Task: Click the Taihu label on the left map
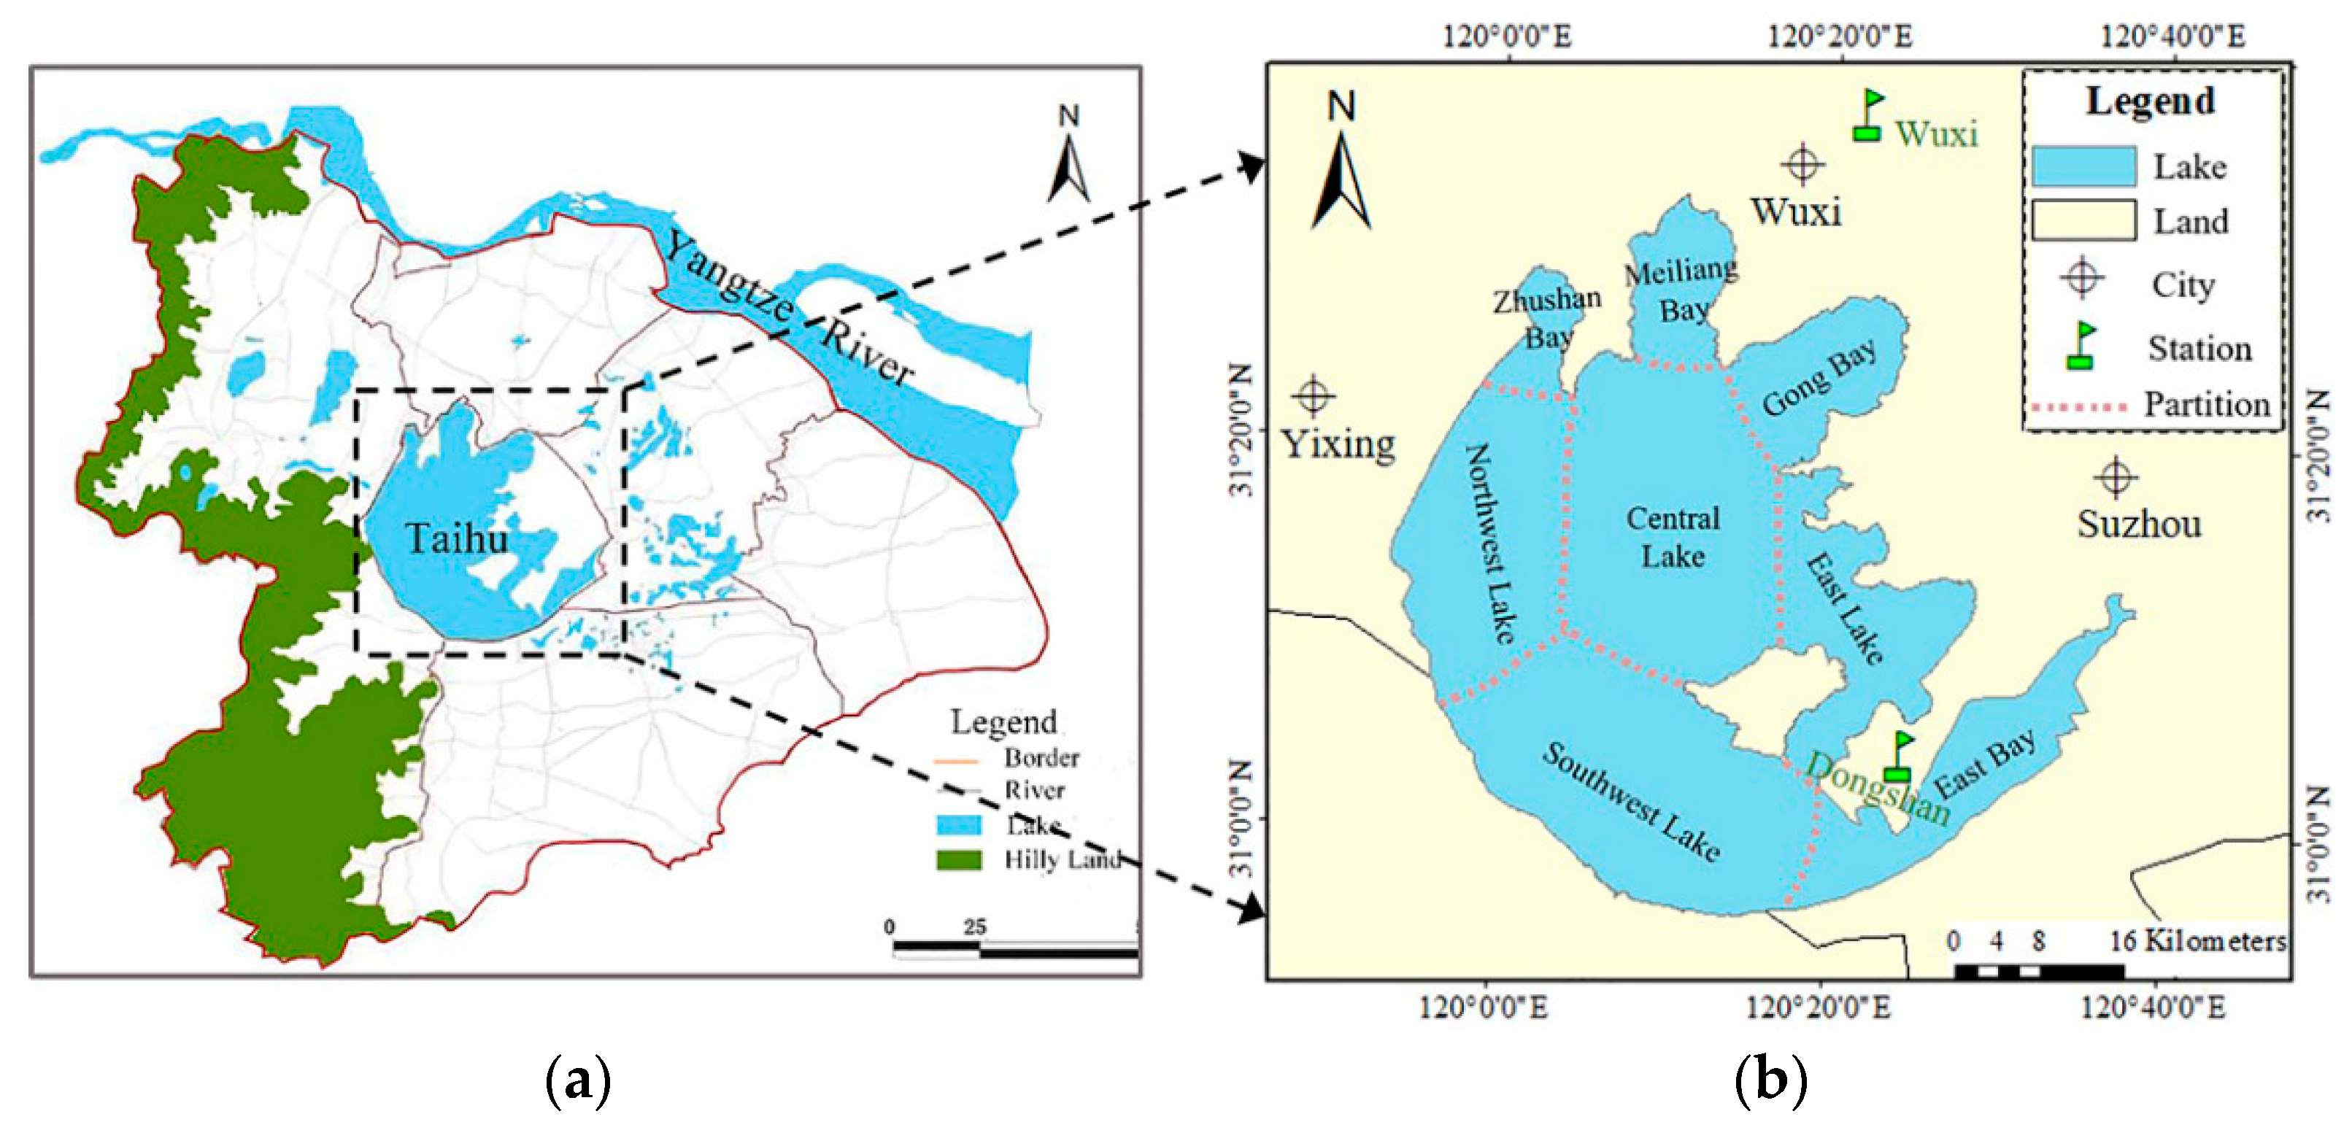click(457, 538)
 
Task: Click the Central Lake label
click(1673, 538)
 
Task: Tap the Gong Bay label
click(1820, 378)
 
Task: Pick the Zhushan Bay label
click(1548, 317)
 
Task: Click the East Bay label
click(1984, 764)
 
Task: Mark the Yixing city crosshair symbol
click(1314, 396)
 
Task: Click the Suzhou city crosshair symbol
click(2116, 477)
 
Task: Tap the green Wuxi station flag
click(1868, 115)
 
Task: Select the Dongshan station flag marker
click(1898, 756)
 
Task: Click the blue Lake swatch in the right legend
click(2083, 166)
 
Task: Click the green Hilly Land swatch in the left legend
click(959, 860)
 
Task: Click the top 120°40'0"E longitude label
click(2172, 36)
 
